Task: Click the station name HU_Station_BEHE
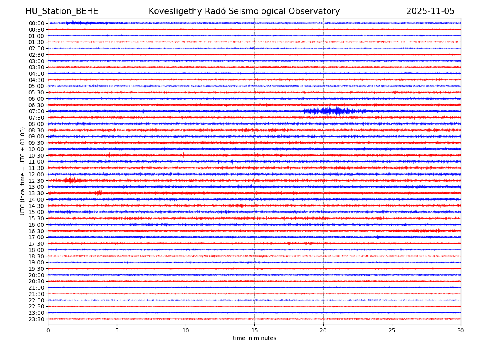pos(62,12)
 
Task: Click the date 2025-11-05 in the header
pos(430,12)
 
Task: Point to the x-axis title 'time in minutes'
pos(254,338)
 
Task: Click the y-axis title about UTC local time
pos(23,171)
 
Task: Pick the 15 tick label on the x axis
pos(254,331)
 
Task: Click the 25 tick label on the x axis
pos(392,331)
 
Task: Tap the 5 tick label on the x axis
pos(117,331)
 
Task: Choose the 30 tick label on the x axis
pos(461,331)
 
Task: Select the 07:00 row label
pos(36,111)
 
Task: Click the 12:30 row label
pos(36,181)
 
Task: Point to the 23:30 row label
pos(36,319)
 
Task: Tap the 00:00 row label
pos(36,23)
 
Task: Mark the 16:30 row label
pos(36,231)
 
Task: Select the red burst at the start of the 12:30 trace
pos(71,180)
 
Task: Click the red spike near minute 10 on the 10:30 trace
pos(183,155)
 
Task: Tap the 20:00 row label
pos(36,275)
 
